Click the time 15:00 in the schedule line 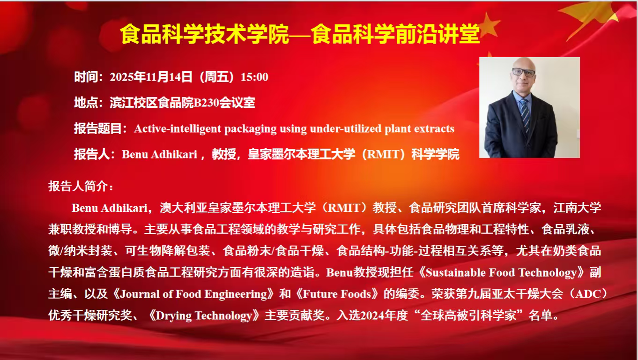254,77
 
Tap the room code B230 206,103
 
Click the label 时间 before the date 86,77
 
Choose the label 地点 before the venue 86,103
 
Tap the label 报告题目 98,128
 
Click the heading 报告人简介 78,187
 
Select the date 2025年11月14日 151,77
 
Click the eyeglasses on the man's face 524,72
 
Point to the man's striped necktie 525,115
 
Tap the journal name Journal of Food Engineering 193,294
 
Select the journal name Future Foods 337,294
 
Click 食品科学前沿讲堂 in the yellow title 396,34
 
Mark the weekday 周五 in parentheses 217,77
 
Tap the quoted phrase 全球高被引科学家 468,315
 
